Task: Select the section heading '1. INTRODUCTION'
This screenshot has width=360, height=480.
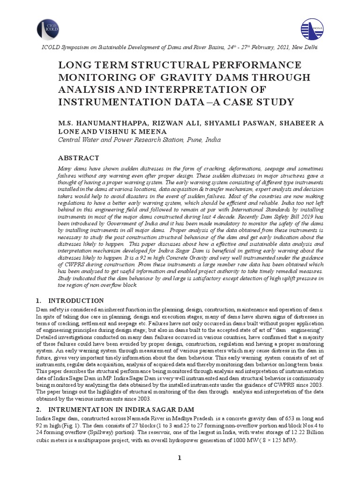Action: click(70, 300)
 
